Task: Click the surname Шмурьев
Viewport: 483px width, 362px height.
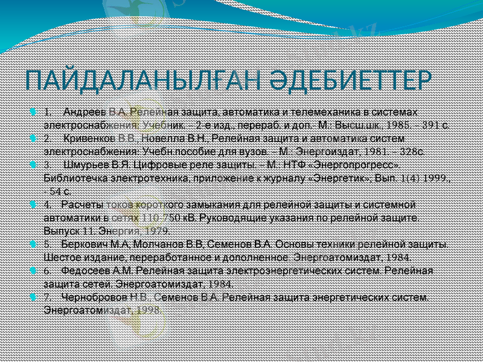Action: point(85,164)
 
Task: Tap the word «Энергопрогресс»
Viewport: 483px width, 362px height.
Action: point(365,164)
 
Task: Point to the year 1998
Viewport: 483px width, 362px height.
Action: point(150,310)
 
